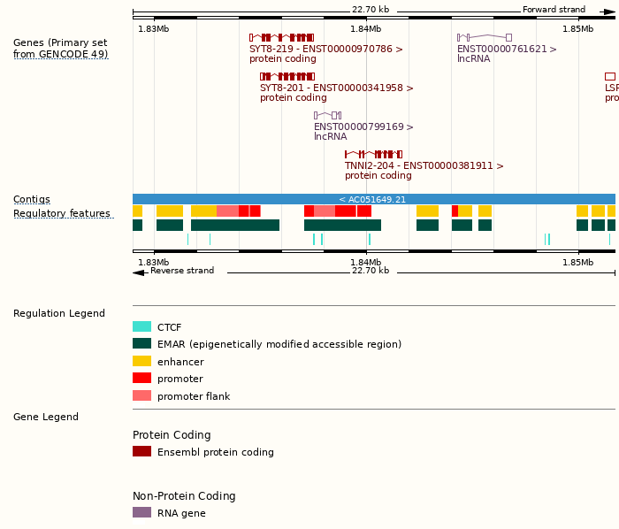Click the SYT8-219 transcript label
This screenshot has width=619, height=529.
coord(325,50)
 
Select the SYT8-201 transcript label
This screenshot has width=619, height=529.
coord(336,88)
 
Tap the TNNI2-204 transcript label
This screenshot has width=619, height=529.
coord(424,165)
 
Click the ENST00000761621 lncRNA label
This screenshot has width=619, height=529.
coord(507,50)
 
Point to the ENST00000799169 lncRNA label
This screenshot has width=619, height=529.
coord(363,127)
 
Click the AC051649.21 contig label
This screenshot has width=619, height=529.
coord(372,199)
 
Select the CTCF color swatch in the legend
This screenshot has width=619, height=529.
coord(141,327)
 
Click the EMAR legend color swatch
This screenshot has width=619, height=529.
coord(141,344)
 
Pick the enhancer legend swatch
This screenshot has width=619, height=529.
coord(141,362)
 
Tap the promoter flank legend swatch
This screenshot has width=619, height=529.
coord(141,396)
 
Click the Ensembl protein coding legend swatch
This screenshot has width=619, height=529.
coord(141,452)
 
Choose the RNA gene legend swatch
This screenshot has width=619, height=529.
coord(141,513)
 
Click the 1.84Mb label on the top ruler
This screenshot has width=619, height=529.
coord(365,29)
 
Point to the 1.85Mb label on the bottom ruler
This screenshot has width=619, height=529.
coord(577,263)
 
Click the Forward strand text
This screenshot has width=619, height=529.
coord(554,10)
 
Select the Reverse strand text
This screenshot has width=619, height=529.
coord(182,271)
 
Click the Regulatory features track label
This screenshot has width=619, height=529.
coord(62,214)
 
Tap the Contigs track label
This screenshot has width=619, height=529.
coord(32,200)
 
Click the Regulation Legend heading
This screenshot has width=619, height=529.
coord(59,314)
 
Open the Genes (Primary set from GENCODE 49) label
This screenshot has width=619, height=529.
coord(60,49)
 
